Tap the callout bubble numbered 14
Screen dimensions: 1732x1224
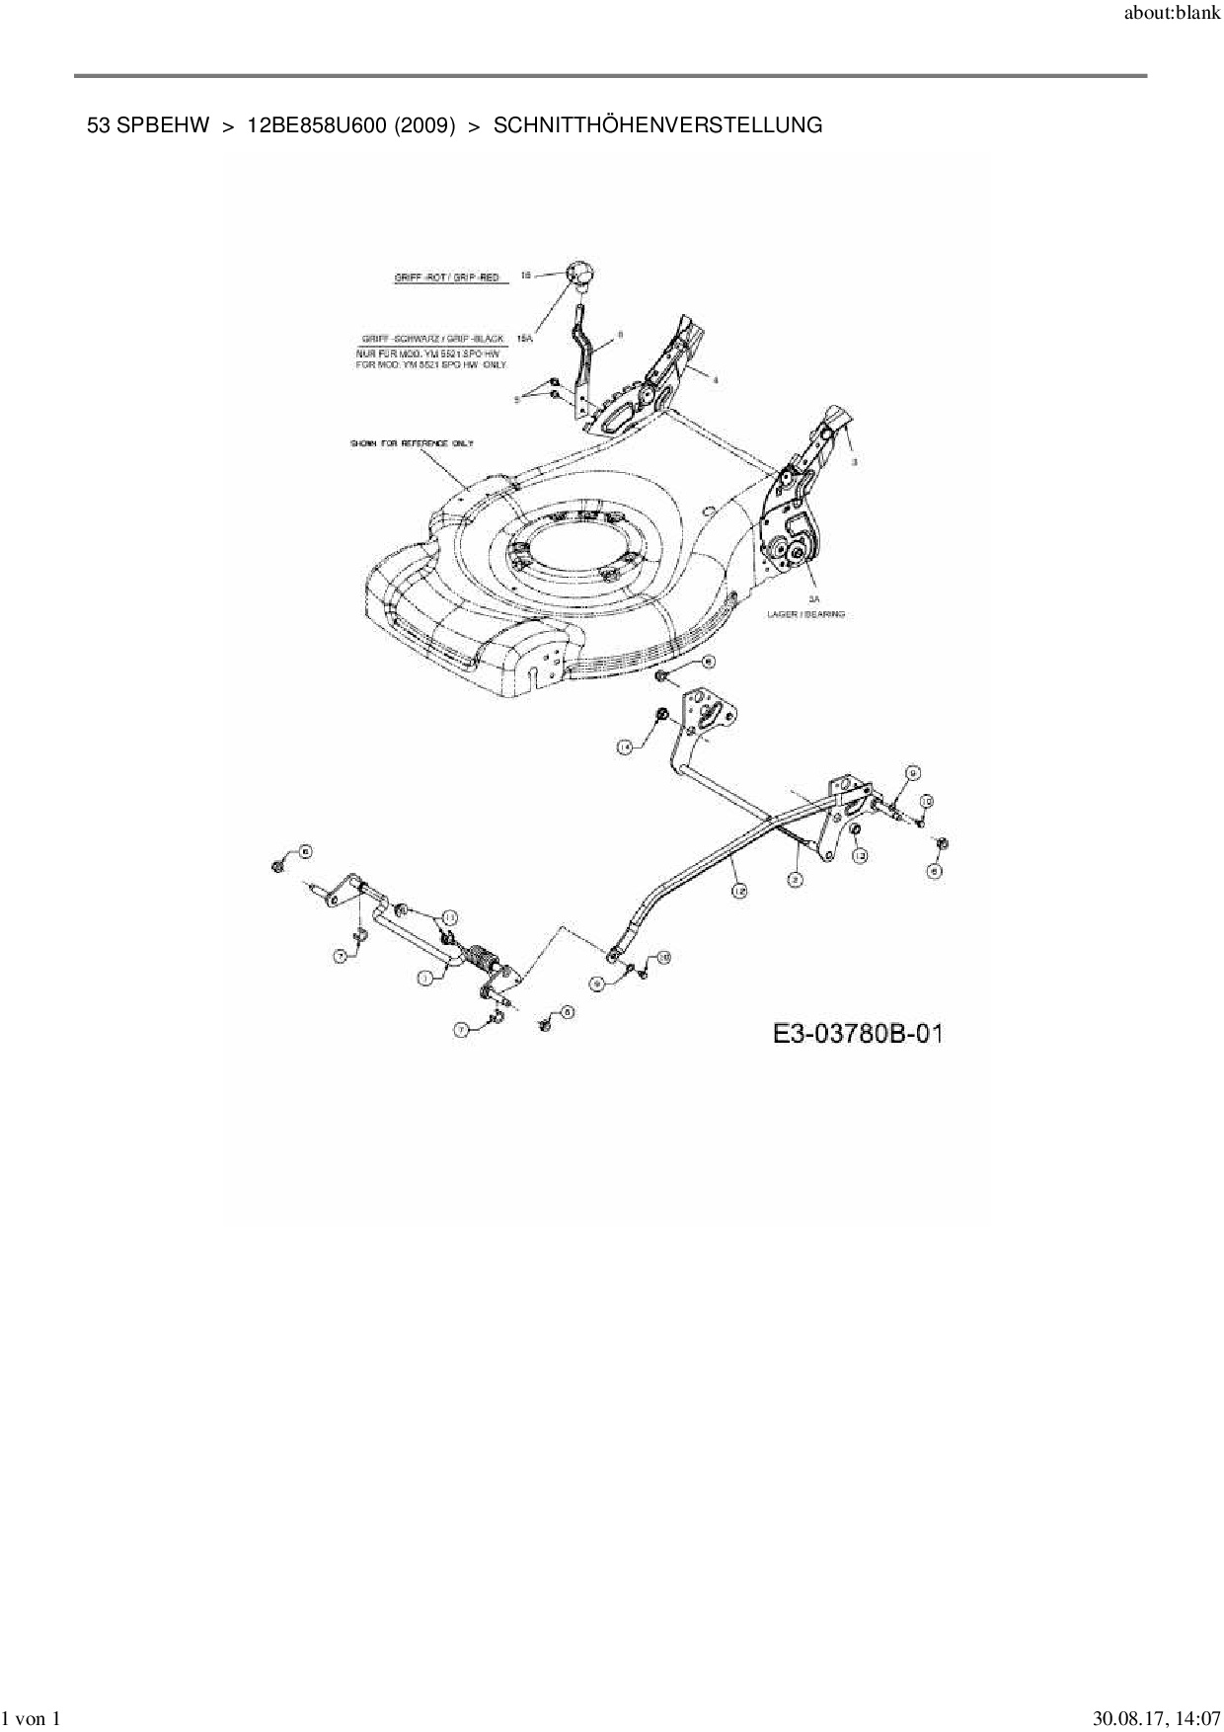625,748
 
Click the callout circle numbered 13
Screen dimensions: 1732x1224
860,855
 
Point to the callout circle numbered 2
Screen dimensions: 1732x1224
794,877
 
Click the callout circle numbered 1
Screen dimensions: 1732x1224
425,978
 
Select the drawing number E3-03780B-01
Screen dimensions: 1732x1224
857,1034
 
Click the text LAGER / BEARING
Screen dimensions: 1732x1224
806,614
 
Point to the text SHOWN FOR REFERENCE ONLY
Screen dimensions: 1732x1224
412,443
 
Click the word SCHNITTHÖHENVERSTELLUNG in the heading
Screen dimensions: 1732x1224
657,125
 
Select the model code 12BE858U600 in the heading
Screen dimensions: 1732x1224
316,125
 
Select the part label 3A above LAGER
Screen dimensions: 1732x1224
813,598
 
